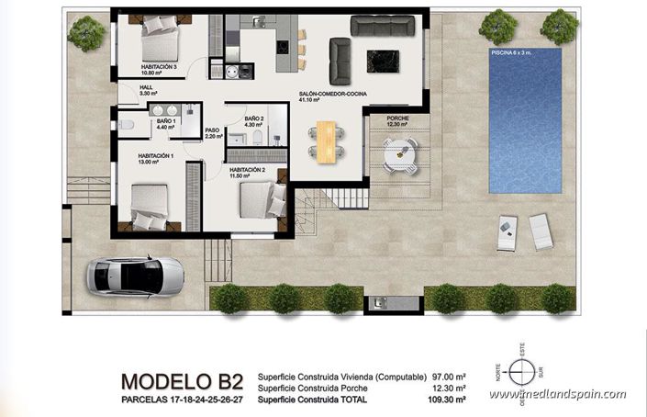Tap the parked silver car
(134, 273)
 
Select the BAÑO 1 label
(165, 121)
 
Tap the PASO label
(212, 131)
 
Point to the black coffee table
(382, 60)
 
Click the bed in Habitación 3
(158, 41)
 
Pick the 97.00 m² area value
(449, 377)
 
